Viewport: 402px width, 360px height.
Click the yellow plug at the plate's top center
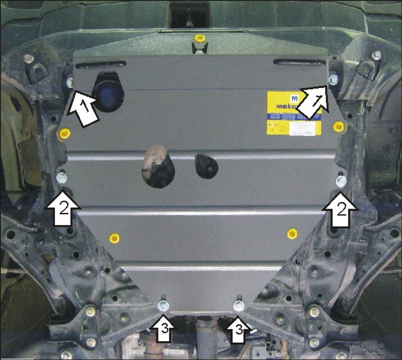(199, 39)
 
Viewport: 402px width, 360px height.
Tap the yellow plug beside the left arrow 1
(64, 133)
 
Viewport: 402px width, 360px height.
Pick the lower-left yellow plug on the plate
(114, 238)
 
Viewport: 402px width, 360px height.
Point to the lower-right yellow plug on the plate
(292, 233)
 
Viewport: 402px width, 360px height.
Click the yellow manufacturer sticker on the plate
(294, 113)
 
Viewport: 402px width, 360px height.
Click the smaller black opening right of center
(207, 166)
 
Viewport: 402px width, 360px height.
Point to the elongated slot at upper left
(100, 64)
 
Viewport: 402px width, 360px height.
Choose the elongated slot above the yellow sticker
(299, 62)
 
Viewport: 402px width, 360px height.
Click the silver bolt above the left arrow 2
(62, 178)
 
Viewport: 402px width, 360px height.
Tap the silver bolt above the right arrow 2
(341, 181)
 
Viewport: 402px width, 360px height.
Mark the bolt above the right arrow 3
(239, 305)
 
